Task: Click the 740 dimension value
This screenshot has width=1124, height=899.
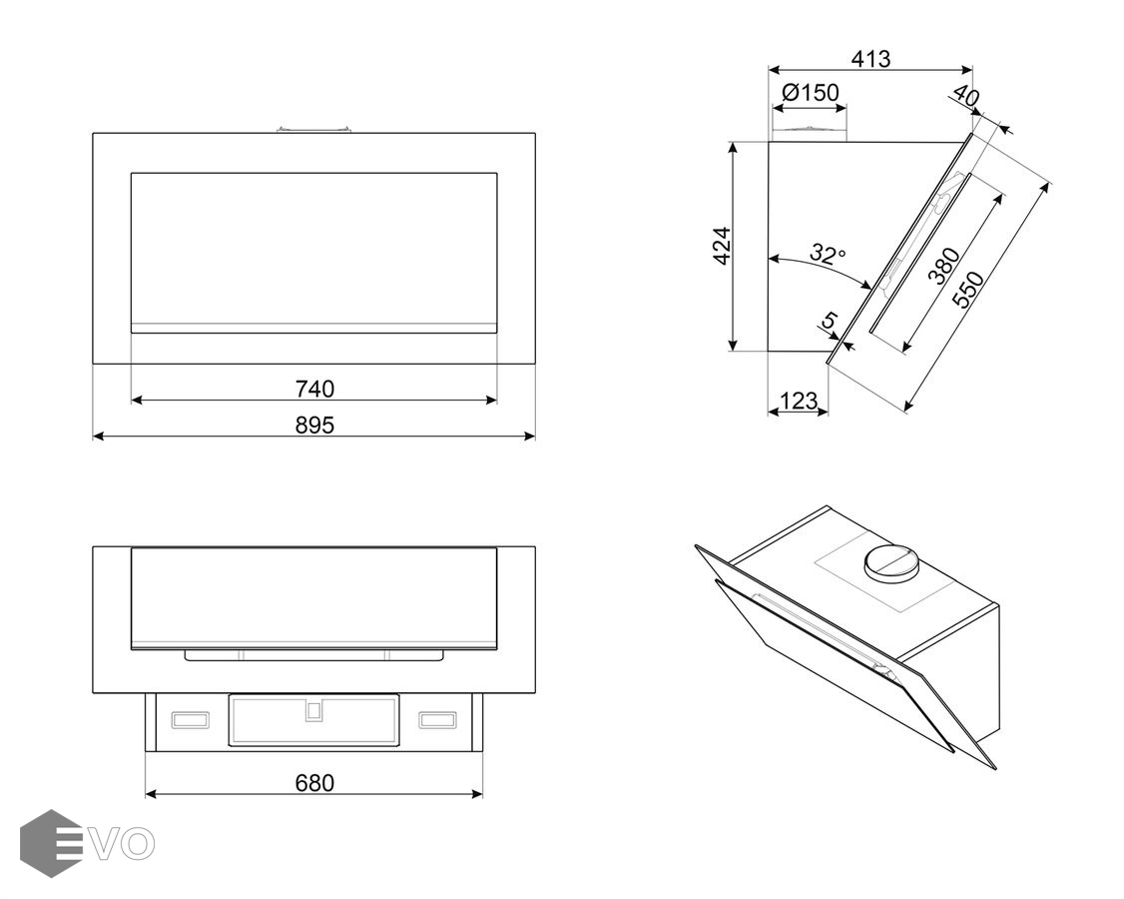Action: (314, 388)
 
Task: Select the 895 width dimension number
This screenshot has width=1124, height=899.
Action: (314, 425)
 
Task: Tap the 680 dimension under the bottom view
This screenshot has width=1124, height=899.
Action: (314, 782)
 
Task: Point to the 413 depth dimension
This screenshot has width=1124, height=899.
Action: (870, 59)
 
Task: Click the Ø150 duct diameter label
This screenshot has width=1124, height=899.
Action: (810, 93)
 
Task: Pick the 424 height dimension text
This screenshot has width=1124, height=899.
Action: (722, 246)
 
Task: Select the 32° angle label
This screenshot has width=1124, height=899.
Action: (827, 254)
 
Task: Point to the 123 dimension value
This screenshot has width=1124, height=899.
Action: (798, 402)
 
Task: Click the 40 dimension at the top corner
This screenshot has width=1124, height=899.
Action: (965, 97)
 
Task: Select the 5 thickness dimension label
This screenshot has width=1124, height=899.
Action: (828, 322)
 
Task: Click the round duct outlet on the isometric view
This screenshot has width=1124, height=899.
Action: (889, 563)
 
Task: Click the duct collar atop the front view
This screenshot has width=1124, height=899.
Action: (314, 129)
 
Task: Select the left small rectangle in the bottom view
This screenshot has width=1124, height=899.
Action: (190, 720)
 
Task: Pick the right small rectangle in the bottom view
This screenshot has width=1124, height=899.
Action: (436, 720)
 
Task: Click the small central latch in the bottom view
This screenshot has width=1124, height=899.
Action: (313, 711)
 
